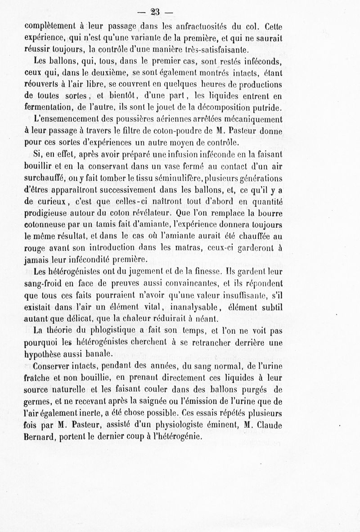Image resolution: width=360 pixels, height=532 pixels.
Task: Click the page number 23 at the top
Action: (x=180, y=12)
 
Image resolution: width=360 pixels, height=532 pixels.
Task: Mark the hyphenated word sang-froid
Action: (x=47, y=284)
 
